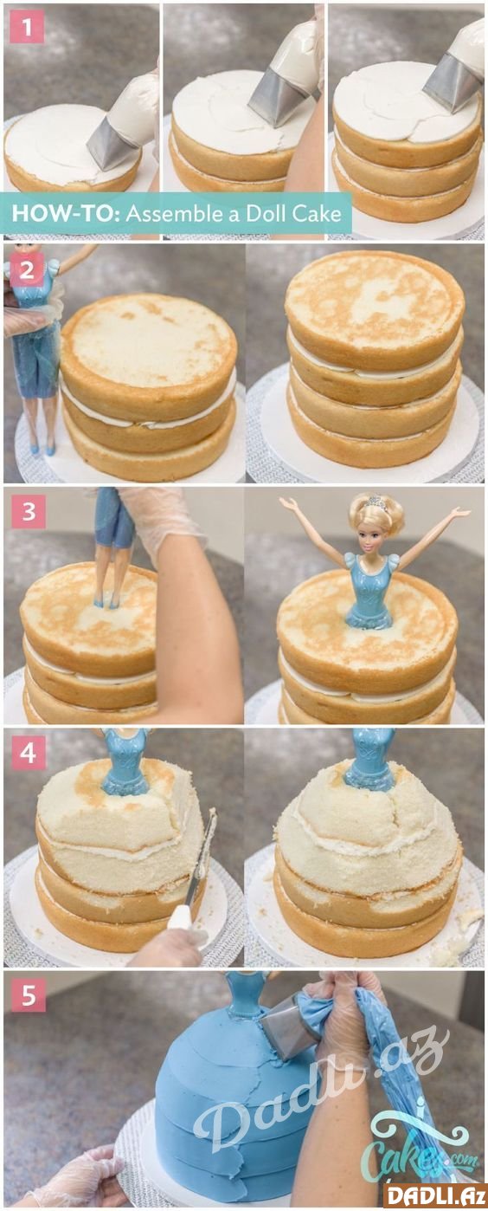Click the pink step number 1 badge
tap(27, 27)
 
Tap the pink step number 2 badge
tap(27, 269)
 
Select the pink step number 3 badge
tap(28, 511)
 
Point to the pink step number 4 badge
tap(28, 752)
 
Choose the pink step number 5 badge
tap(28, 994)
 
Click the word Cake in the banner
tap(318, 214)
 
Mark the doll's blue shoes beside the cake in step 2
tap(42, 449)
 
